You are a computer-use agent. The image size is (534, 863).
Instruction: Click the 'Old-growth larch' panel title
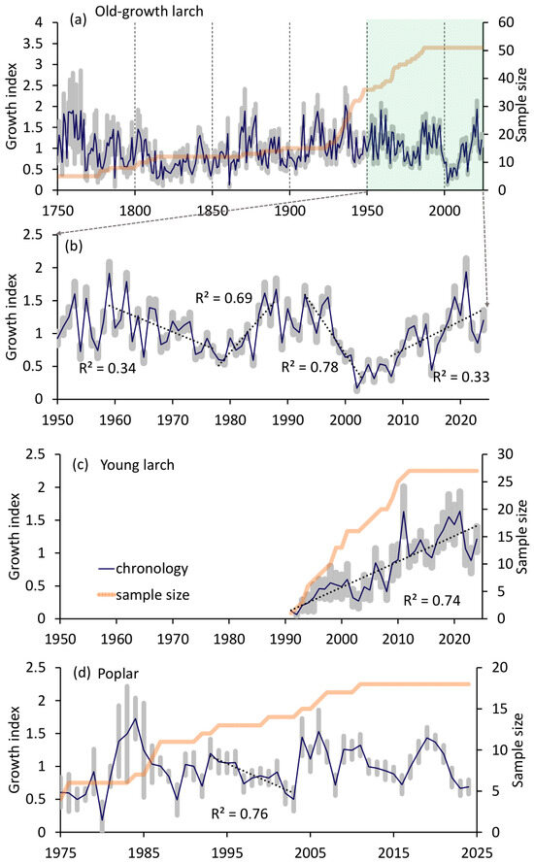(149, 11)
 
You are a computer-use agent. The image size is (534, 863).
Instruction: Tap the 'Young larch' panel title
(137, 465)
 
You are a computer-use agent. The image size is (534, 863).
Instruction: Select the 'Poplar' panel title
(117, 674)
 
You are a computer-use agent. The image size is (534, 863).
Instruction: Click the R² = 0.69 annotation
(223, 298)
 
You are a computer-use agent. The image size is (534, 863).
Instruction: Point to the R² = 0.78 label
(310, 367)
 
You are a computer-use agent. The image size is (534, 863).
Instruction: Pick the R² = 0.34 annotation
(108, 368)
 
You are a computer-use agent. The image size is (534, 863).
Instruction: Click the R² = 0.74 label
(432, 600)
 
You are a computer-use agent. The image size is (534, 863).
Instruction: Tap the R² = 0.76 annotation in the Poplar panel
(240, 813)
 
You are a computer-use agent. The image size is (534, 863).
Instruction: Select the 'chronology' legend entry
(143, 569)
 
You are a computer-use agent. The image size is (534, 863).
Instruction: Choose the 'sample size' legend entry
(143, 595)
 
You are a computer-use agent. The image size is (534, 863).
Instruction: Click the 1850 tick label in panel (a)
(213, 211)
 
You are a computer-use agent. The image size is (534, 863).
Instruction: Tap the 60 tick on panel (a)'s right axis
(506, 22)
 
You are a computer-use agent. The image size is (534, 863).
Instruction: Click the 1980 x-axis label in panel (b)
(230, 420)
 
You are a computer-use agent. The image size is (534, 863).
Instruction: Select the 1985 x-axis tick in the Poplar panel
(145, 852)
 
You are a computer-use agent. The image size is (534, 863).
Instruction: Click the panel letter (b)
(74, 246)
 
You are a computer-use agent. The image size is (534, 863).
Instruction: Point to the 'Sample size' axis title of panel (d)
(518, 749)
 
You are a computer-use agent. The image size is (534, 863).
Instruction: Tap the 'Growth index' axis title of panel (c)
(15, 536)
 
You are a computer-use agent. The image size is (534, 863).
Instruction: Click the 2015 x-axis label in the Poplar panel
(393, 852)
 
